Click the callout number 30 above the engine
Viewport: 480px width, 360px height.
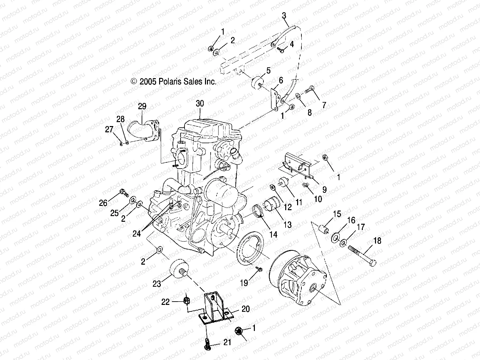(200, 104)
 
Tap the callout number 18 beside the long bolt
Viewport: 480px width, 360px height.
(377, 241)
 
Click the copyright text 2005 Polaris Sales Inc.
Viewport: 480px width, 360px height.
(174, 82)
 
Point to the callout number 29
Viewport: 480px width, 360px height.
(142, 106)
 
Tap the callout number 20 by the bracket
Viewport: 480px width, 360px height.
(245, 309)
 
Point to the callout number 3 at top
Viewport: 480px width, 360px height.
(284, 15)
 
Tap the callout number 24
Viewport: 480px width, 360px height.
(137, 234)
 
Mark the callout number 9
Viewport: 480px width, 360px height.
(325, 189)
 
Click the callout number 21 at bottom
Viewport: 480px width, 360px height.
(227, 343)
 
